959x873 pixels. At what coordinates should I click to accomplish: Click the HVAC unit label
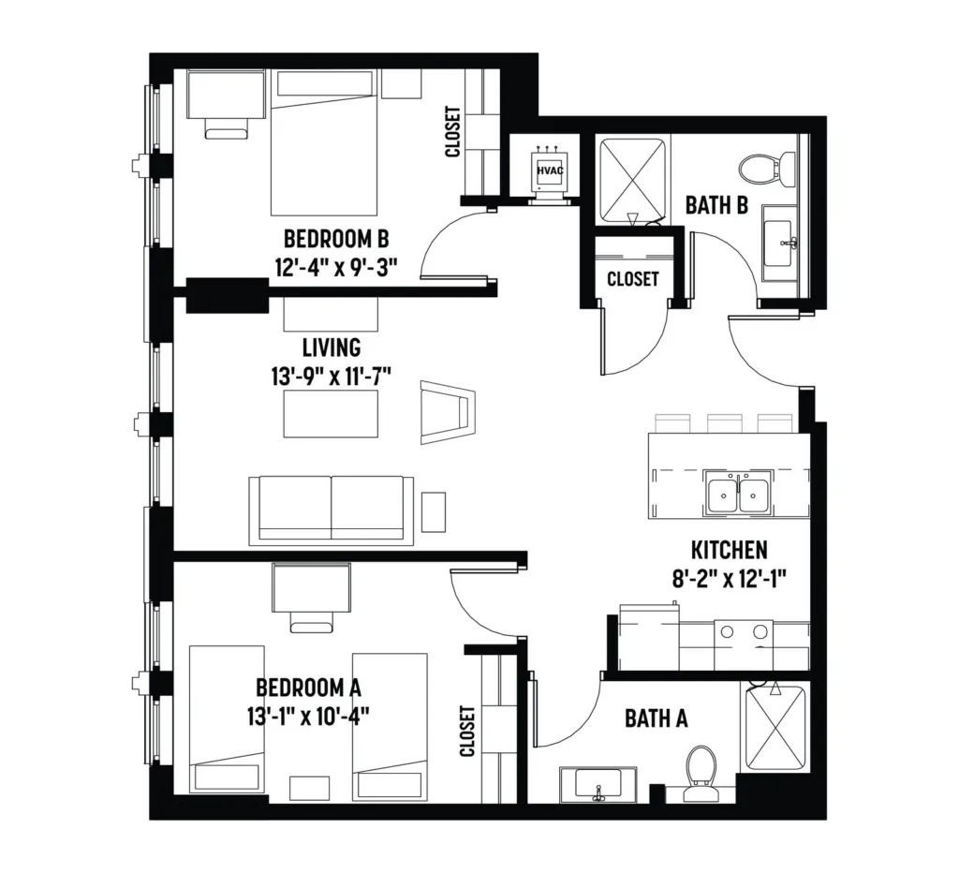(549, 170)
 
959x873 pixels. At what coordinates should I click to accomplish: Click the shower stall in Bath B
(632, 181)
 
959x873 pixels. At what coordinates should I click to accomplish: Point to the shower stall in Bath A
(775, 729)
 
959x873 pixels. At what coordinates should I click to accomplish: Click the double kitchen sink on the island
(738, 493)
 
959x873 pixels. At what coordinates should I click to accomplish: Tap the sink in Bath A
(598, 784)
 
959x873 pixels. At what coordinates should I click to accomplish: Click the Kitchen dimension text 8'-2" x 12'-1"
(729, 578)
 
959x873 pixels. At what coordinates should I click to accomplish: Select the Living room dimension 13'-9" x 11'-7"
(331, 376)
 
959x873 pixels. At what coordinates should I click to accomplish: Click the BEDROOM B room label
(336, 237)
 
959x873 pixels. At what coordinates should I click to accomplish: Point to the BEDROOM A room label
(308, 688)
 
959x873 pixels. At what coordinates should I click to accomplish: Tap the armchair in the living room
(447, 412)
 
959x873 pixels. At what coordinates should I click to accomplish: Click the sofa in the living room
(332, 510)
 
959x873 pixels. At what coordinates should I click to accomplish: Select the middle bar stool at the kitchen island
(724, 423)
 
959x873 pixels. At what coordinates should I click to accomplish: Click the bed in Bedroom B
(324, 143)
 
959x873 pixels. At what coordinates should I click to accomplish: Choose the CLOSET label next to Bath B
(632, 279)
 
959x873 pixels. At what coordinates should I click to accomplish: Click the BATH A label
(657, 718)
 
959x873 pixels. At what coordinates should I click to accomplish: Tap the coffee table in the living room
(331, 414)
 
